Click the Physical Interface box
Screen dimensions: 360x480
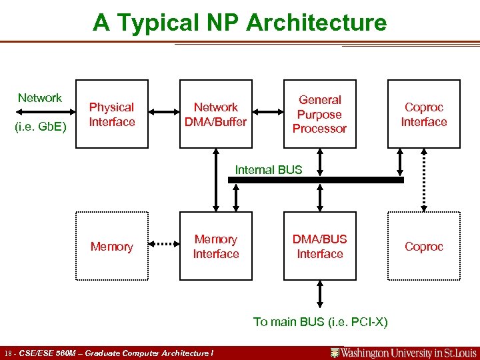coord(111,114)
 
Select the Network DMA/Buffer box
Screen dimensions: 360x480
coord(216,114)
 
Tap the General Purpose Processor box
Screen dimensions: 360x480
coord(320,114)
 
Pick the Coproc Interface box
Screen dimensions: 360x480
coord(424,114)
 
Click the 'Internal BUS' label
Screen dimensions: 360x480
coord(268,169)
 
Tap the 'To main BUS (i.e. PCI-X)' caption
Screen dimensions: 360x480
coord(320,322)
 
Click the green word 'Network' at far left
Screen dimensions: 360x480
coord(40,98)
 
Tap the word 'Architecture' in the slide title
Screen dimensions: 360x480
coord(317,23)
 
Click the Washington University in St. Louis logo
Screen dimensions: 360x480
coord(404,353)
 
